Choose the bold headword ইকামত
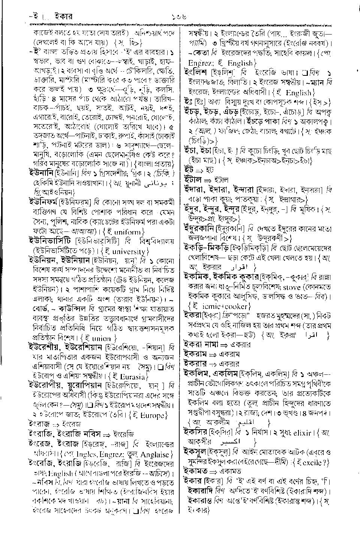tap(196, 471)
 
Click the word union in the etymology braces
tap(102, 338)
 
